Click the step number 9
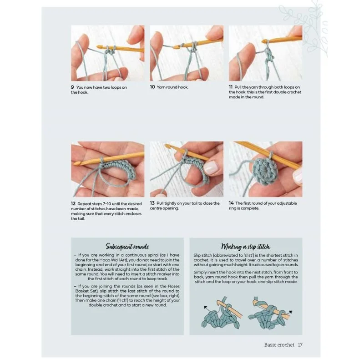[x=72, y=87]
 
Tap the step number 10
[x=152, y=87]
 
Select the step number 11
[x=231, y=87]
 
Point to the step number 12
[x=73, y=203]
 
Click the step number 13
[x=152, y=203]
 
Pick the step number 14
[x=231, y=203]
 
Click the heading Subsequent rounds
[x=127, y=247]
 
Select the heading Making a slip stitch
[x=246, y=247]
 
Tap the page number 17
[x=300, y=345]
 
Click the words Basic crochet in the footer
[x=279, y=345]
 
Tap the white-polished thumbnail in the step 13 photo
[x=211, y=167]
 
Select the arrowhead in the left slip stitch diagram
[x=205, y=308]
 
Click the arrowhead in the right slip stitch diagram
[x=290, y=312]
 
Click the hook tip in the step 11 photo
[x=264, y=41]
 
